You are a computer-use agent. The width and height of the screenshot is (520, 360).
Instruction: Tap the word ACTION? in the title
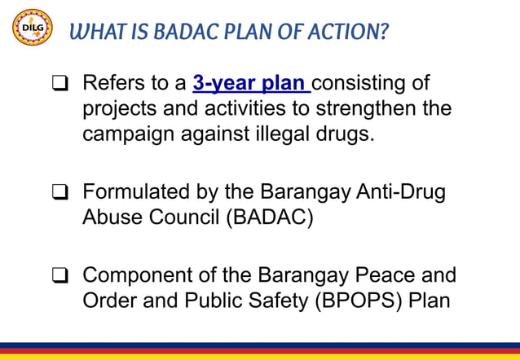pyautogui.click(x=350, y=33)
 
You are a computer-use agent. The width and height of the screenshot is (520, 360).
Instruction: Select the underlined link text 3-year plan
pyautogui.click(x=251, y=84)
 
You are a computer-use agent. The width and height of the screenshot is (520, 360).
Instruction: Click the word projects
pyautogui.click(x=121, y=109)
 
